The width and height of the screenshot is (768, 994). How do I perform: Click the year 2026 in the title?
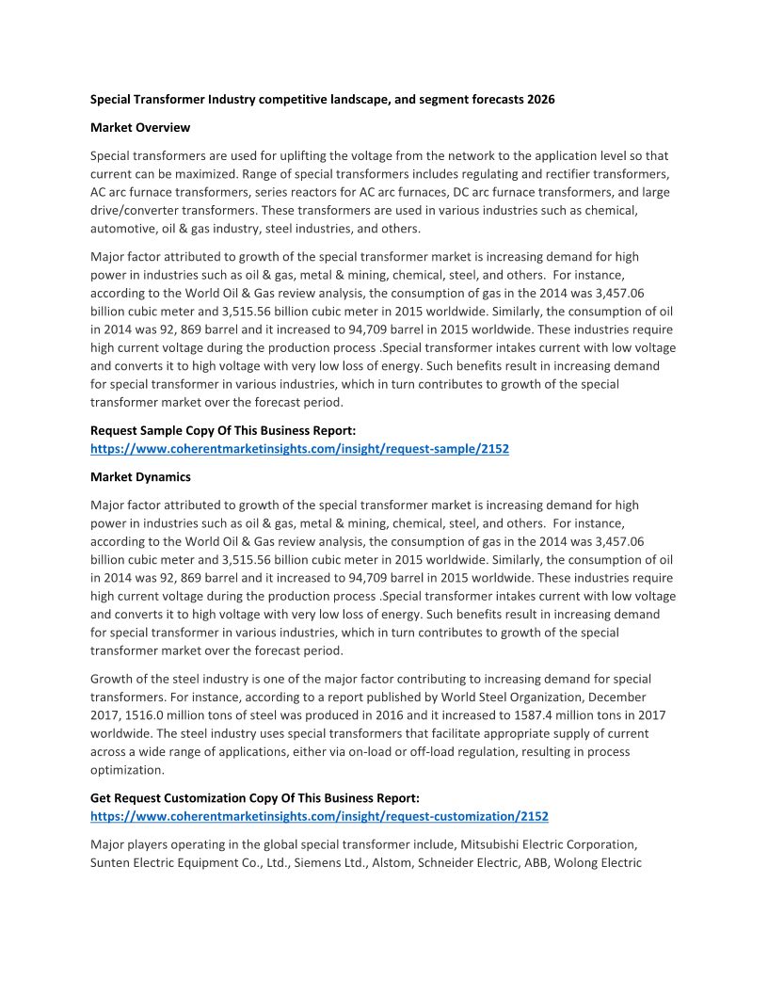point(540,100)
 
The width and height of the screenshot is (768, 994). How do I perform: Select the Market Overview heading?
point(140,127)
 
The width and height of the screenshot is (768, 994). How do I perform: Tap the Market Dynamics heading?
point(140,477)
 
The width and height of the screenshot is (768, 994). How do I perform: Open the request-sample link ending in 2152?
point(299,449)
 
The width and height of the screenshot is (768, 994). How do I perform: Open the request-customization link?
point(319,816)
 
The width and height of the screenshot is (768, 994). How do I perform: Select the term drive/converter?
point(137,211)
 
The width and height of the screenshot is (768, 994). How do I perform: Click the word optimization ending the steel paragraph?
point(127,770)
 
